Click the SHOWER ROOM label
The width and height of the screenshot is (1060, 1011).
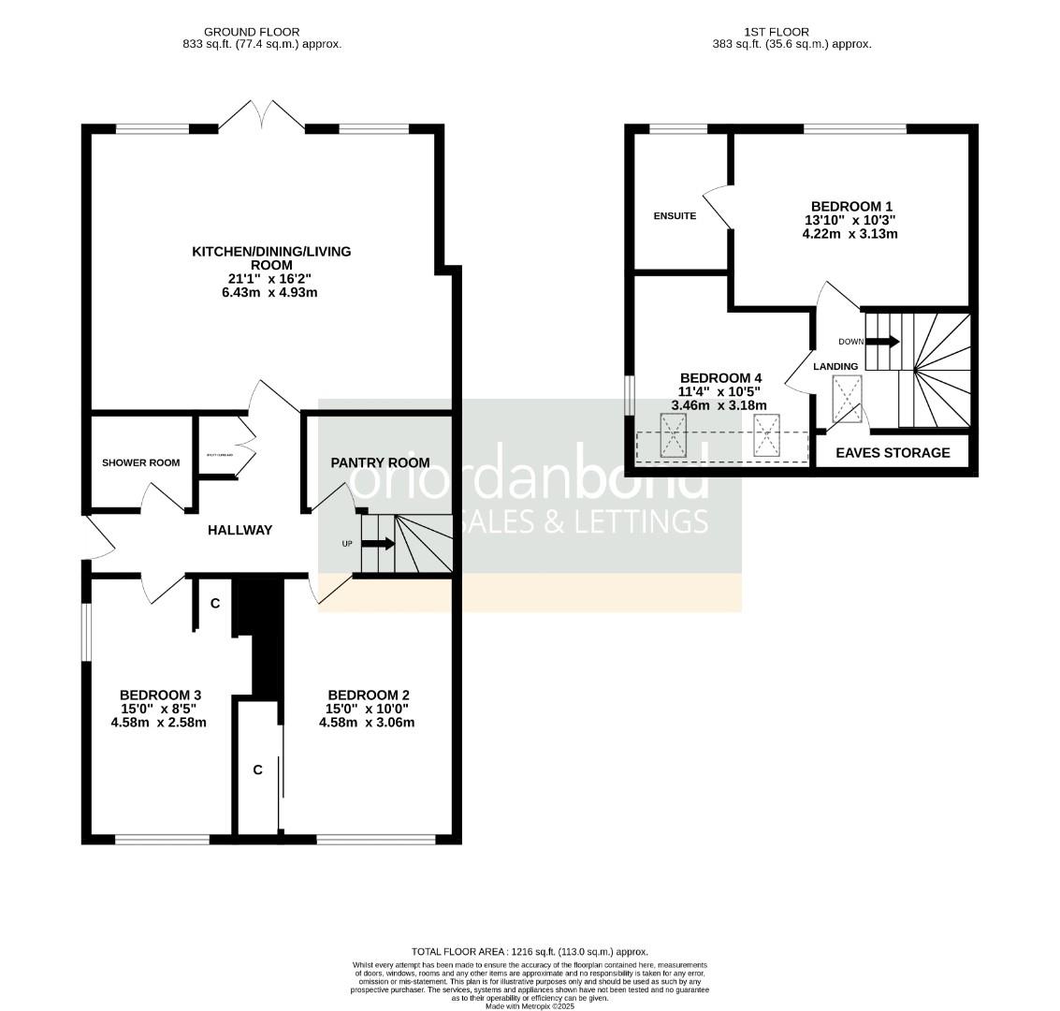coord(140,462)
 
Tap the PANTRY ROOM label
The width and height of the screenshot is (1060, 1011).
coord(380,462)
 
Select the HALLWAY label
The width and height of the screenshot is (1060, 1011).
coord(240,530)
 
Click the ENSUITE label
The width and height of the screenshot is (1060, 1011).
coord(675,216)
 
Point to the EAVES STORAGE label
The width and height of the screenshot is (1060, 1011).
coord(893,453)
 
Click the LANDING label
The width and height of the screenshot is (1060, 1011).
coord(835,366)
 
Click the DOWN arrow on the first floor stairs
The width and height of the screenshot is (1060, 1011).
coord(883,342)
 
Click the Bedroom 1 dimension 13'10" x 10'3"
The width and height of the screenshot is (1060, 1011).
coord(850,220)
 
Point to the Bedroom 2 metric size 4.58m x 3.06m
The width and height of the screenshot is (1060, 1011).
coord(367,722)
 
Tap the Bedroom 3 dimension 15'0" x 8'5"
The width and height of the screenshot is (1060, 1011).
coord(159,709)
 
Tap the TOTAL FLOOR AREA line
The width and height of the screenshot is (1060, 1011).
coord(530,951)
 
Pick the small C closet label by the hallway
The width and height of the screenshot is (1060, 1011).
coord(215,604)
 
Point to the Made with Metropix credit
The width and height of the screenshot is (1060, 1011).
coord(530,1005)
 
